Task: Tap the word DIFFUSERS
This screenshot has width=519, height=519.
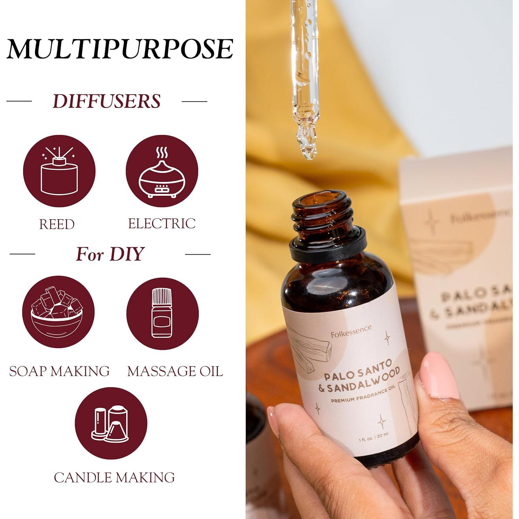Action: (x=107, y=101)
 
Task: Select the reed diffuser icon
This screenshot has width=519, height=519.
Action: (x=59, y=171)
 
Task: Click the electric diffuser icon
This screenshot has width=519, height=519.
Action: (x=162, y=171)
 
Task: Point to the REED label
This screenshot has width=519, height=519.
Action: (x=57, y=224)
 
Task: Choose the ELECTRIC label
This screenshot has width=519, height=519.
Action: (x=162, y=224)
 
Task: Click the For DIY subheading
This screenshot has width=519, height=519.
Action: (x=110, y=254)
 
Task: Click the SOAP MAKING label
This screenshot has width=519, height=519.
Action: (x=59, y=371)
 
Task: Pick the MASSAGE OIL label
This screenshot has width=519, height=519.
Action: (x=175, y=371)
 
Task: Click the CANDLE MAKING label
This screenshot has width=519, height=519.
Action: (x=114, y=477)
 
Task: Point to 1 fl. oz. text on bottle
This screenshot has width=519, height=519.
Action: (x=366, y=439)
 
